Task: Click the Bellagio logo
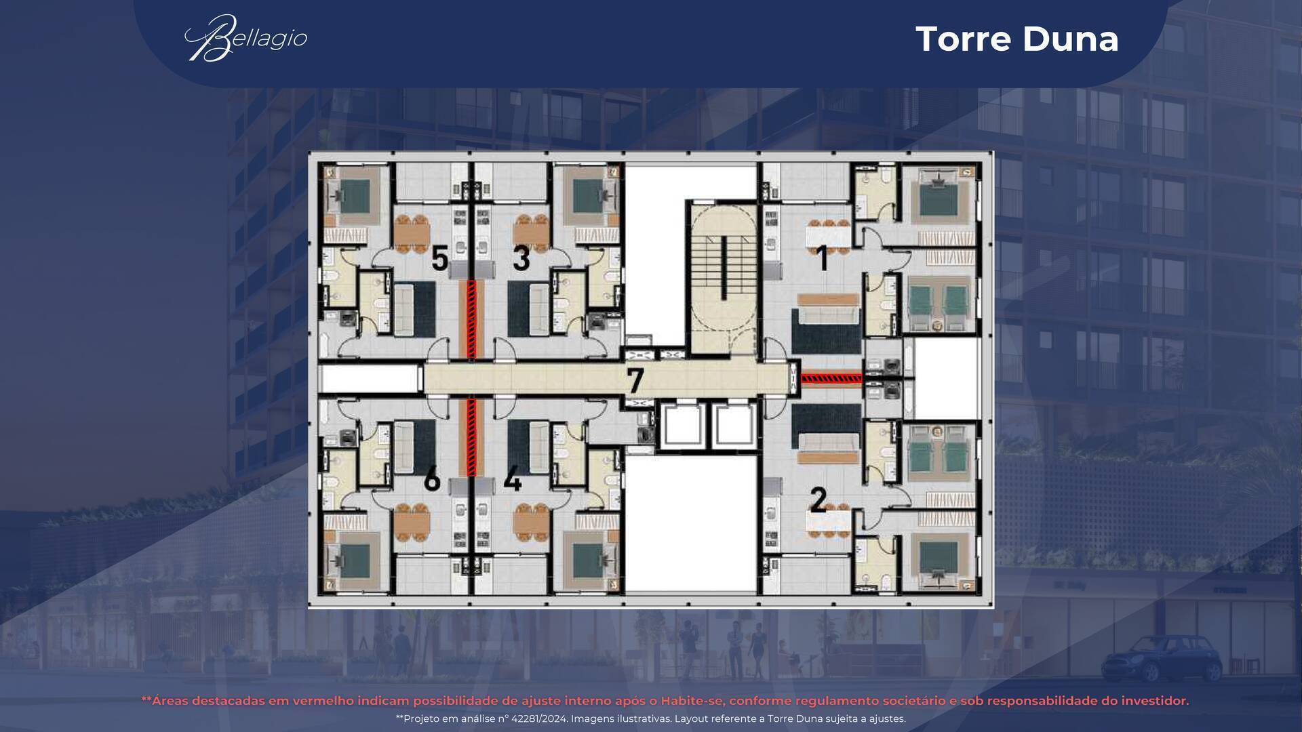246,38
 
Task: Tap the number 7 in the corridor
635,380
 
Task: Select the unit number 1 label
822,258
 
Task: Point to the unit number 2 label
818,500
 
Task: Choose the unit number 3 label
521,258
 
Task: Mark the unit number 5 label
439,258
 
